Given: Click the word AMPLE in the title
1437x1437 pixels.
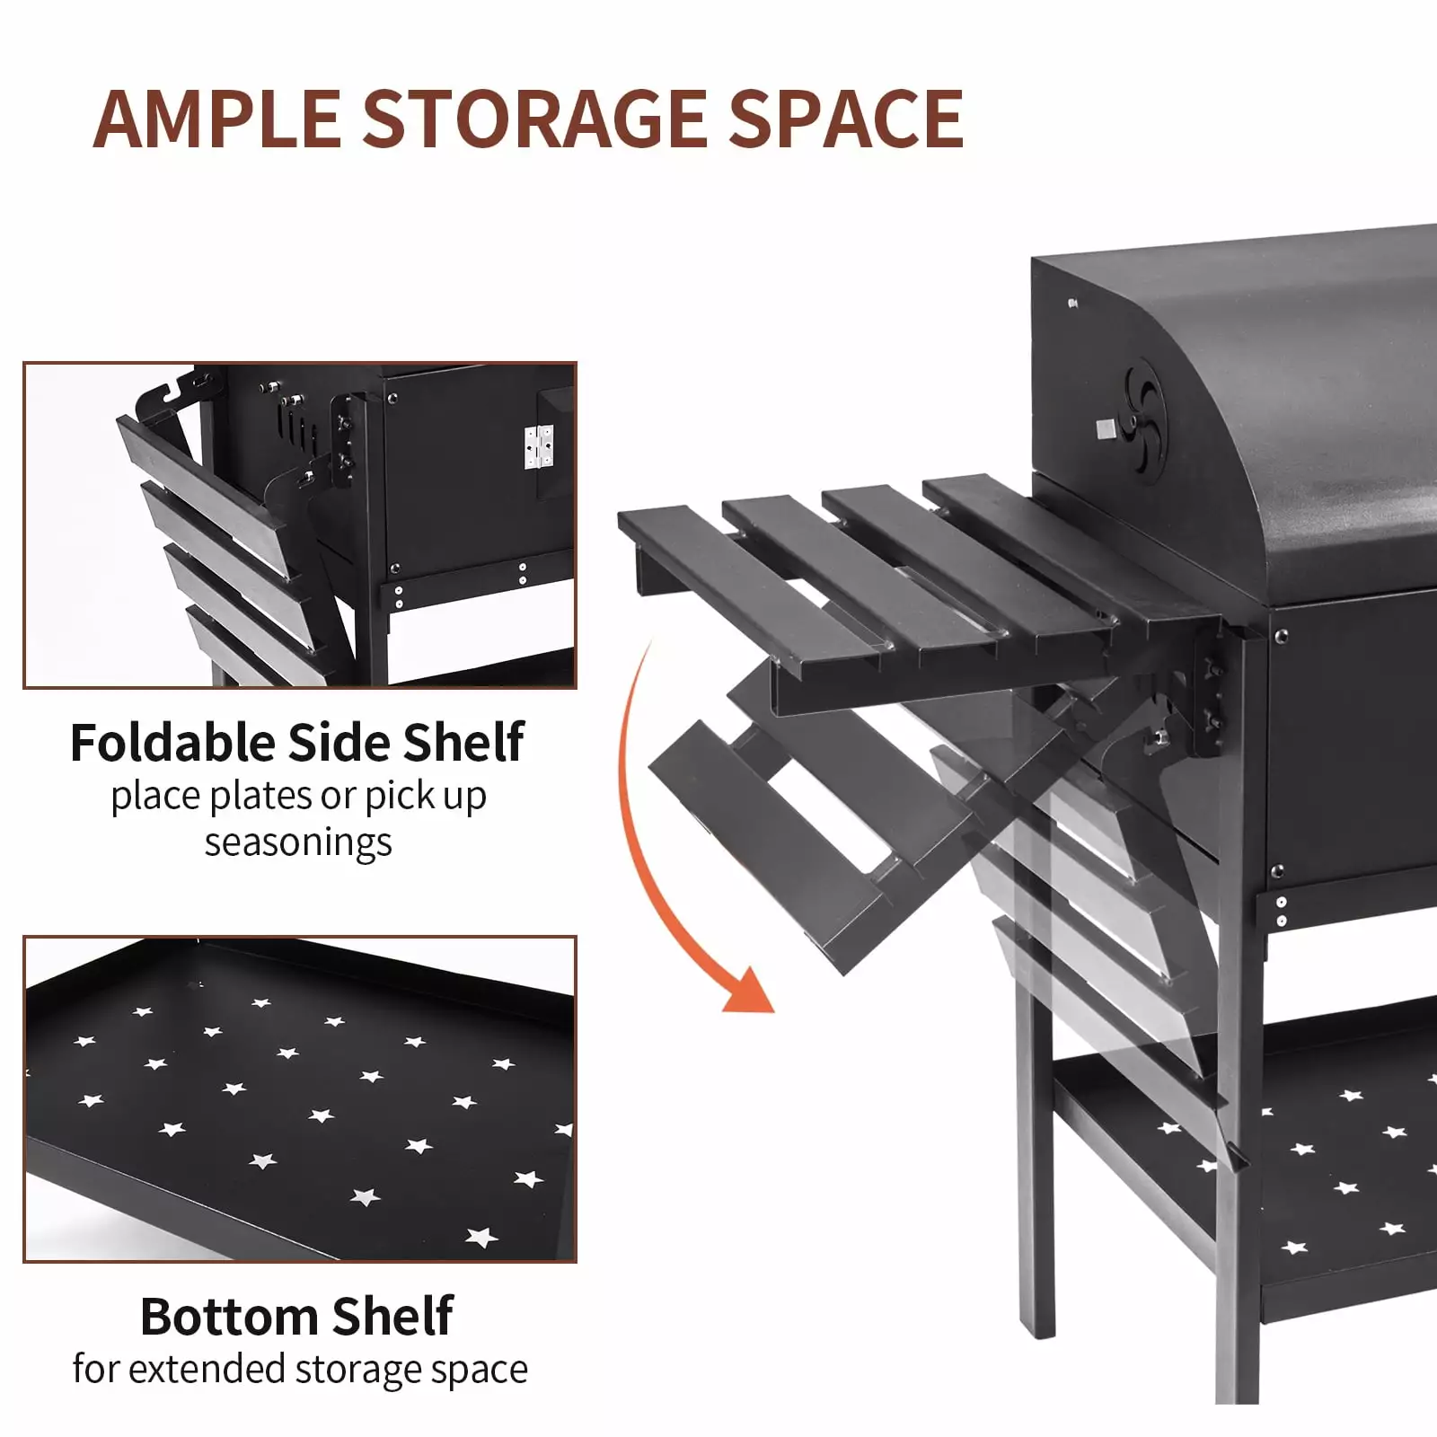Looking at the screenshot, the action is click(x=216, y=119).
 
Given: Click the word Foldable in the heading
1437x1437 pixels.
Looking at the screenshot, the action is click(x=173, y=743).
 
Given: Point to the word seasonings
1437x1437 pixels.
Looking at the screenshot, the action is click(x=298, y=842).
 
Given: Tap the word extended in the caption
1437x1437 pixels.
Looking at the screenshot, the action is click(x=208, y=1369).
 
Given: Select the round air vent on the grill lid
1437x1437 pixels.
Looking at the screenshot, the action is click(x=1144, y=428).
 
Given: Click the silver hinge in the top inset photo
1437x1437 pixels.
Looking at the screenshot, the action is click(x=539, y=447).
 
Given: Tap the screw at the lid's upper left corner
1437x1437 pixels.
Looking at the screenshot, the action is click(x=1073, y=304).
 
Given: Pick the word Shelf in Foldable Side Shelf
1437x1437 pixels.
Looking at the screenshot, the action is click(x=463, y=743).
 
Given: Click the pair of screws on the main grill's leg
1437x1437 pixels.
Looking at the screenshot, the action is click(x=1282, y=911).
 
